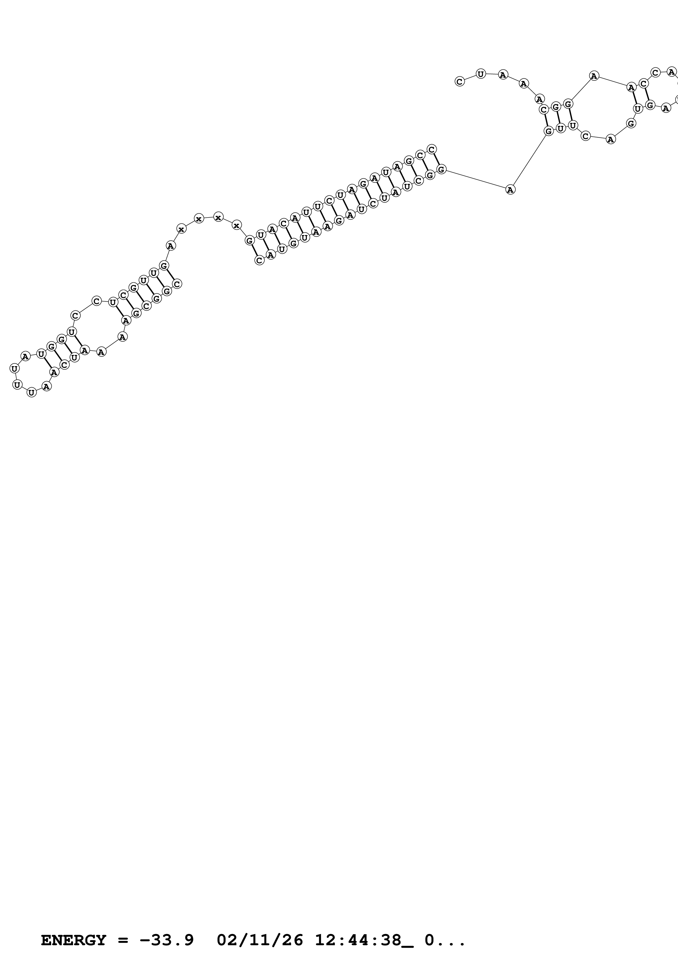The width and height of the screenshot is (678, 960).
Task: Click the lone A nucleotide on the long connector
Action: click(x=510, y=189)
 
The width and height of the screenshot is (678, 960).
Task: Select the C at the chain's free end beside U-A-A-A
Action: click(x=459, y=82)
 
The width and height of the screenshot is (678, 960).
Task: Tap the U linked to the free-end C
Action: click(x=481, y=74)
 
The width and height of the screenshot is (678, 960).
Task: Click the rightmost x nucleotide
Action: click(x=237, y=225)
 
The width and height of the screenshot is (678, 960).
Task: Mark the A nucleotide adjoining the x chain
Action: click(x=170, y=246)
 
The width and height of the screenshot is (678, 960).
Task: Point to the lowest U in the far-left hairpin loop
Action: click(x=31, y=392)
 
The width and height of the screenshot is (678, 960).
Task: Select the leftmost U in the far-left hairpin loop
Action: click(x=14, y=368)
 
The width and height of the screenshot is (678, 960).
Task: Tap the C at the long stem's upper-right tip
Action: click(x=432, y=149)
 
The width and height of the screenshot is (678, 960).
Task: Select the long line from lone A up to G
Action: click(x=529, y=160)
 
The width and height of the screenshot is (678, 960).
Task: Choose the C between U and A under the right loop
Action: click(x=586, y=136)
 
